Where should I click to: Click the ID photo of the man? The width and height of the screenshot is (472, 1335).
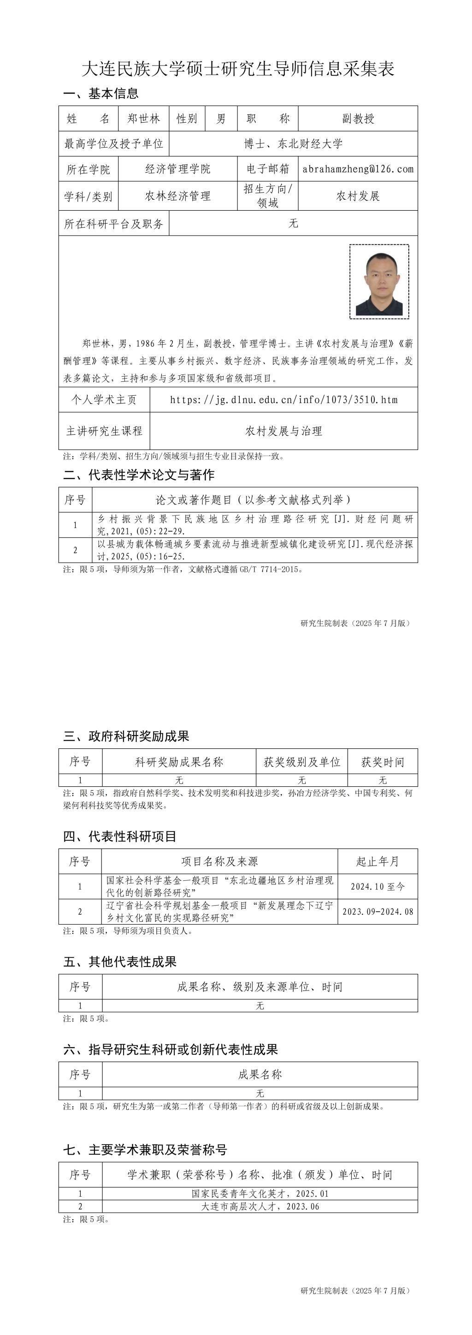tap(379, 281)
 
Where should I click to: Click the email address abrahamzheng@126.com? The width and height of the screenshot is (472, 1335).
tap(358, 169)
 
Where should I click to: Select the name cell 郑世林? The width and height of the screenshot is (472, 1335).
tap(143, 119)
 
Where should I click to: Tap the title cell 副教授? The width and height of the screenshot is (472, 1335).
tap(358, 119)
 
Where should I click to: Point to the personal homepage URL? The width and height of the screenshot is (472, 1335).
tap(283, 399)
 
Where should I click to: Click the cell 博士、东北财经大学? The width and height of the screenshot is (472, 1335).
tap(293, 143)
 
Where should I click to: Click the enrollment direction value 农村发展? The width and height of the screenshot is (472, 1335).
tap(358, 196)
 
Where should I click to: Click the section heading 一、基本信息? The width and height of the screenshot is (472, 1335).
tap(101, 93)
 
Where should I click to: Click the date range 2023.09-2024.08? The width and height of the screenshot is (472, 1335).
tap(378, 912)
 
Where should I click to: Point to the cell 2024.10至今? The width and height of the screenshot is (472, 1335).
tap(378, 887)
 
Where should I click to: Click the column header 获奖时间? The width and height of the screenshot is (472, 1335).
tap(383, 762)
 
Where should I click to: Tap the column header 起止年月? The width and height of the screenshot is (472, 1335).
tap(378, 861)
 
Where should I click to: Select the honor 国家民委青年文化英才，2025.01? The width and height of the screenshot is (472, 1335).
tap(260, 1193)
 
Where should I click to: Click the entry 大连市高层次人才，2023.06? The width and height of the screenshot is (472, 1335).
tap(260, 1206)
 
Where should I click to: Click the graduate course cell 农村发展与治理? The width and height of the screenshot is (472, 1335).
tap(283, 431)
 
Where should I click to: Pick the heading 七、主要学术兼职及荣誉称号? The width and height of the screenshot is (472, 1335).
tap(145, 1150)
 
